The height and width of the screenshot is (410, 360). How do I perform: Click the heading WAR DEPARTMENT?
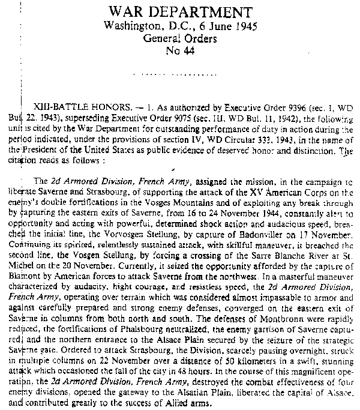179,13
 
